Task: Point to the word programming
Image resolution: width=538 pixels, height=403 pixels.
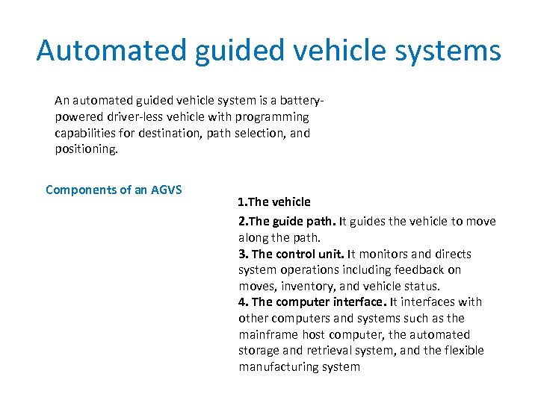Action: pos(271,117)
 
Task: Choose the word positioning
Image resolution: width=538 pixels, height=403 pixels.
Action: pos(86,149)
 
